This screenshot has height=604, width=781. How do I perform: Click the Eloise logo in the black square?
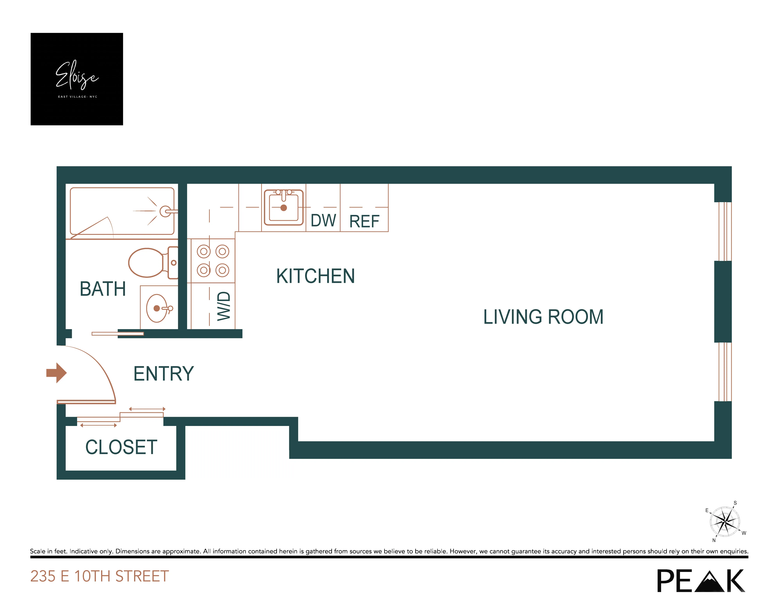pyautogui.click(x=77, y=76)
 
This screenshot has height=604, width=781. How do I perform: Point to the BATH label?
pyautogui.click(x=103, y=289)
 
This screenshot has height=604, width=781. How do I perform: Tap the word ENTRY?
pyautogui.click(x=163, y=374)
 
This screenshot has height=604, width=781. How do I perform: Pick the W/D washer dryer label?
pyautogui.click(x=224, y=306)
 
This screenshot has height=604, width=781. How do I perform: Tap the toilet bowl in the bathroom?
pyautogui.click(x=146, y=263)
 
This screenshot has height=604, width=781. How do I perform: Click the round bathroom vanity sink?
pyautogui.click(x=157, y=308)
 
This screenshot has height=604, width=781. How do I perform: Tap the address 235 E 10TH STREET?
pyautogui.click(x=99, y=576)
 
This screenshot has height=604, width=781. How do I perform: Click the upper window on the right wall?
pyautogui.click(x=725, y=231)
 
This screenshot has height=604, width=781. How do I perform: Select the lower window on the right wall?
pyautogui.click(x=725, y=372)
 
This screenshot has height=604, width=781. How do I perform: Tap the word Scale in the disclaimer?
pyautogui.click(x=37, y=551)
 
